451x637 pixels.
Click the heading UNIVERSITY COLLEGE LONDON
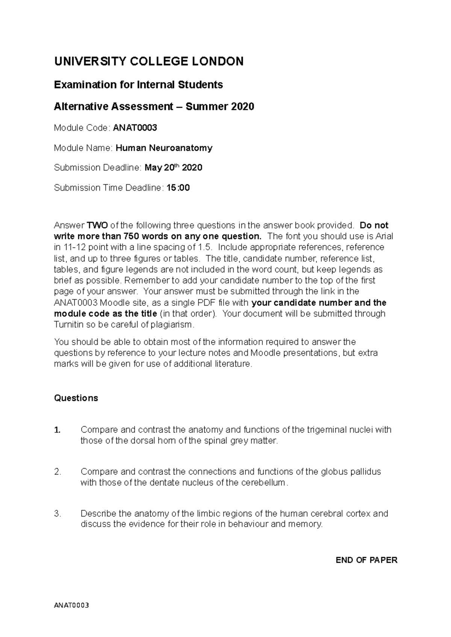coord(149,62)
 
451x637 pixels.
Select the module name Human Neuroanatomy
coord(164,148)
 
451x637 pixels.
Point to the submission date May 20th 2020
coord(173,168)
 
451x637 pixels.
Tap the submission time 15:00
coord(178,188)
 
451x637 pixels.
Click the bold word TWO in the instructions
coord(97,225)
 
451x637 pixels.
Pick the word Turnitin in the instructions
coord(69,325)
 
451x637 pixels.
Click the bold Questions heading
coord(76,398)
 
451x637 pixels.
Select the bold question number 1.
coord(58,430)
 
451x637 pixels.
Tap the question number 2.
coord(58,472)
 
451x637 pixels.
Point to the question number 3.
coord(58,514)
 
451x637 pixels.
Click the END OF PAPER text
coord(366,560)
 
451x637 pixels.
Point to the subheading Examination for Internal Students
coord(138,85)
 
